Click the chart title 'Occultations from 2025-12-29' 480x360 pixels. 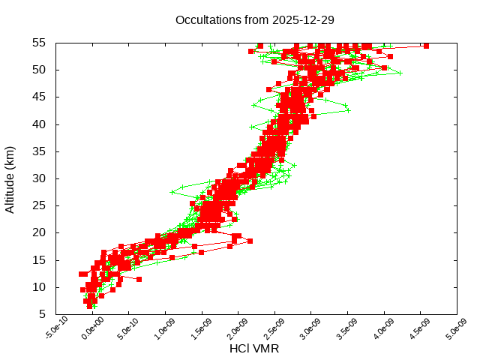tap(254, 19)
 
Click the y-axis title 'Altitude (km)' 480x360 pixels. tap(10, 178)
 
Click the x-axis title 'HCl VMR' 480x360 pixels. tap(254, 348)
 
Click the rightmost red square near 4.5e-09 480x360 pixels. tap(426, 46)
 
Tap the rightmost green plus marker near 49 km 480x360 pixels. tap(400, 73)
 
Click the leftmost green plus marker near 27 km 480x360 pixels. tap(172, 192)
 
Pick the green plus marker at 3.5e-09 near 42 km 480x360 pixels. tap(348, 110)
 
